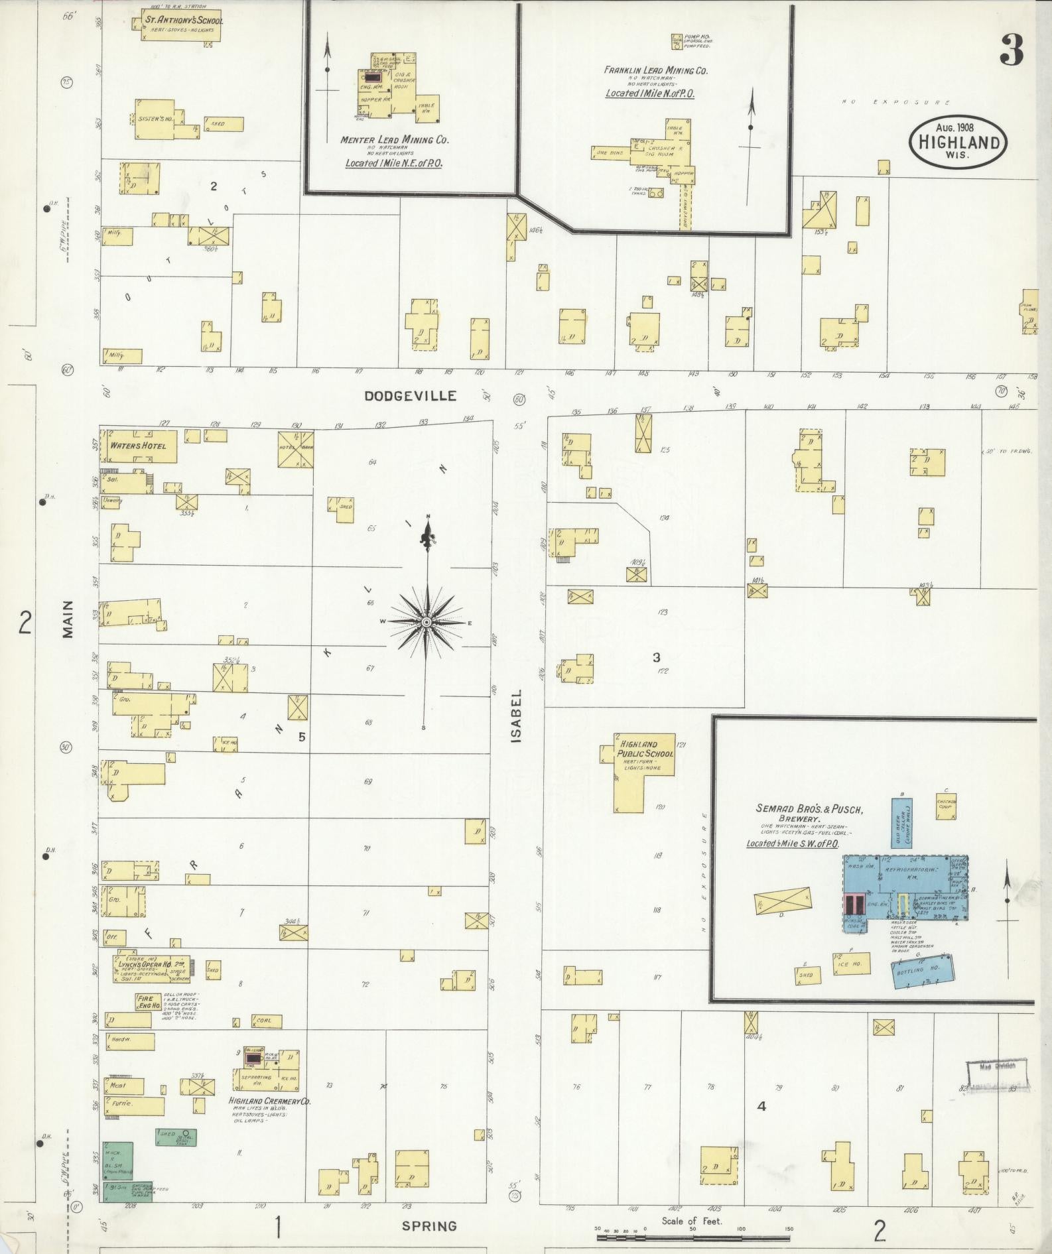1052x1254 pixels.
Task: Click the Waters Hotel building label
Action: pos(135,446)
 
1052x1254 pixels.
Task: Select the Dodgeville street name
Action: pos(411,396)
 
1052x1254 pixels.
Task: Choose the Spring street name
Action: pos(429,1226)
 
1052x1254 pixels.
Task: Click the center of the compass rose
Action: pos(427,622)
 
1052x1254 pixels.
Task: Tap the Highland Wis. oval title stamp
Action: pos(958,141)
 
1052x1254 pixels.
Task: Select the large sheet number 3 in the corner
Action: pos(1011,50)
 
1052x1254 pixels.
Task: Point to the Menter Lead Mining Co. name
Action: pos(394,140)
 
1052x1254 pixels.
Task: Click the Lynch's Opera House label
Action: pos(145,964)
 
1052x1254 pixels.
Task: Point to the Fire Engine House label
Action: pos(145,1001)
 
